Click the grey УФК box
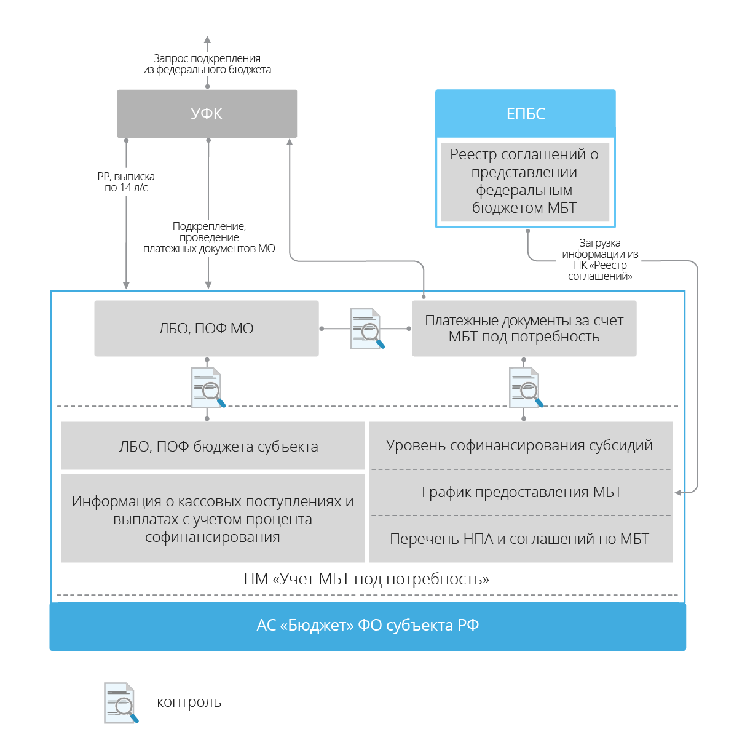207,113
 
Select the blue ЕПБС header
525,113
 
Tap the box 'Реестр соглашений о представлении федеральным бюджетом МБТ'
525,182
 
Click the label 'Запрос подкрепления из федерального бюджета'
207,64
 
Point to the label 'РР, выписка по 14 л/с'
126,182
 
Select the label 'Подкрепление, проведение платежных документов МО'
209,237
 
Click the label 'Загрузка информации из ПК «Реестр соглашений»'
600,259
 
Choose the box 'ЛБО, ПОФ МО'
207,328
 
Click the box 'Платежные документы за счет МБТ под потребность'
524,328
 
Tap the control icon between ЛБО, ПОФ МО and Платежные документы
366,329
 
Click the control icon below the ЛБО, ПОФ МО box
208,388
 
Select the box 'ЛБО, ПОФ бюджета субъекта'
213,445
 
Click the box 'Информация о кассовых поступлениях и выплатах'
213,518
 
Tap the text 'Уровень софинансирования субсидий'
519,445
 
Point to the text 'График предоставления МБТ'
522,492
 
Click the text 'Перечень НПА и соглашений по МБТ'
519,538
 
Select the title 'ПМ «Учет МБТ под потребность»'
366,579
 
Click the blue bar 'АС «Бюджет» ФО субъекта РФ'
368,626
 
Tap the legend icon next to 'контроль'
121,703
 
